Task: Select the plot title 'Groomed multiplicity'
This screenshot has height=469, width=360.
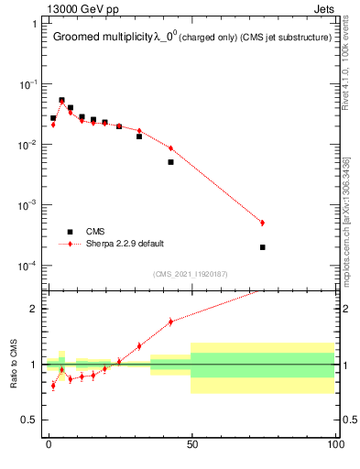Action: (x=104, y=38)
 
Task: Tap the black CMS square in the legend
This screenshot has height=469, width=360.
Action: (x=70, y=232)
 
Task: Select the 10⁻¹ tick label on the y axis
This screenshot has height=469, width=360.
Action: (x=27, y=84)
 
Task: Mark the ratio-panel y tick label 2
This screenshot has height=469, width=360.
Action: (x=33, y=309)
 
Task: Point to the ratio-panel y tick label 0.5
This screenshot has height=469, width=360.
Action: (x=29, y=420)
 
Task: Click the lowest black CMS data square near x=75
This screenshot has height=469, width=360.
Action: (x=262, y=247)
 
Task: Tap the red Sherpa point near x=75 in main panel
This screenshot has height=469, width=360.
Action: (x=262, y=223)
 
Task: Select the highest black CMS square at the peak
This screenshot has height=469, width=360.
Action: (x=61, y=101)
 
